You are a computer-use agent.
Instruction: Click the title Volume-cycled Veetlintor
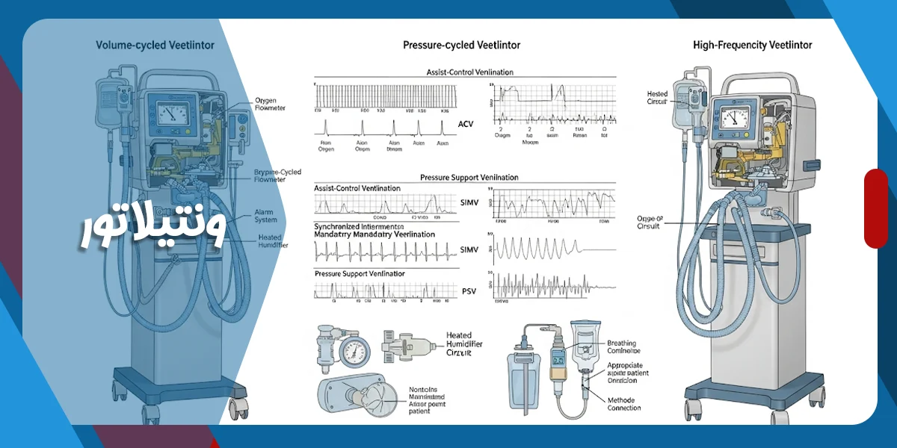[x=155, y=46]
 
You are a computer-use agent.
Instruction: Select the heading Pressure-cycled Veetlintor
[x=461, y=46]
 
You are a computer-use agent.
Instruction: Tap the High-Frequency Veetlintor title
[x=752, y=46]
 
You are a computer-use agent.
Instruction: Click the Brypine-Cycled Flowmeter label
[x=277, y=175]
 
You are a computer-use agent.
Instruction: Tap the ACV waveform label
[x=466, y=124]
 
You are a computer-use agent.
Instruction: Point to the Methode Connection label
[x=624, y=403]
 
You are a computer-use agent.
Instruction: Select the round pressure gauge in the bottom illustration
[x=353, y=352]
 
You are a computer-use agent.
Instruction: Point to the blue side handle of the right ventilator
[x=812, y=164]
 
